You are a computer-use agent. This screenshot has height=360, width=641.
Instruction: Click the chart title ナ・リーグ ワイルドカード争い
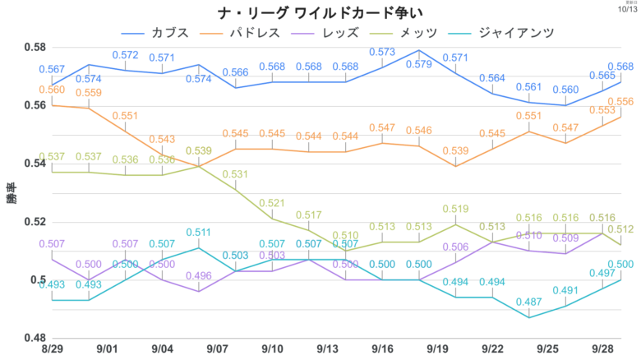pos(320,14)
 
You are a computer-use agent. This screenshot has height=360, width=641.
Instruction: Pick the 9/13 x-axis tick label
pos(328,349)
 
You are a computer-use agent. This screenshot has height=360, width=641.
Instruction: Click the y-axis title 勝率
pos(12,193)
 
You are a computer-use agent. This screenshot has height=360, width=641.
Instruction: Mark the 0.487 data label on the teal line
pos(529,302)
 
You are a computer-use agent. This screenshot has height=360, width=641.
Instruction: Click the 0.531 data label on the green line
pos(236,174)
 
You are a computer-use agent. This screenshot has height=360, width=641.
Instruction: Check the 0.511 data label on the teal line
pos(199,233)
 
